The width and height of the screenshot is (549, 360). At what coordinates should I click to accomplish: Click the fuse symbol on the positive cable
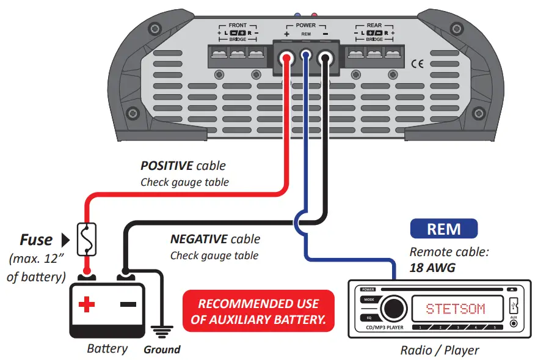[x=87, y=239]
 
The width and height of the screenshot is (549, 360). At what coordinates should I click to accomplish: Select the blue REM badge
[x=443, y=229]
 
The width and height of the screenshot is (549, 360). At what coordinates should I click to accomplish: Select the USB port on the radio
[x=514, y=303]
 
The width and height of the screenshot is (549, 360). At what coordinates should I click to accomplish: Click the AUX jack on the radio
[x=514, y=322]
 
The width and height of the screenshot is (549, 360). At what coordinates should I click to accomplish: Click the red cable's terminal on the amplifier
[x=286, y=59]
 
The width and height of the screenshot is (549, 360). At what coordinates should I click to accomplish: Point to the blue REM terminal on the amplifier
[x=306, y=59]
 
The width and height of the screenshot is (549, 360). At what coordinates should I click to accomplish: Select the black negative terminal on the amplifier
[x=325, y=59]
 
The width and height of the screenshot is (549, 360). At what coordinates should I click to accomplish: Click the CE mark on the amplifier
[x=418, y=63]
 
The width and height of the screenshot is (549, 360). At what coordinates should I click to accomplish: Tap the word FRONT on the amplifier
[x=238, y=26]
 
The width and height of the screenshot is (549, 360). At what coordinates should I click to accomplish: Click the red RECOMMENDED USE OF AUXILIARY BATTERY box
[x=258, y=310]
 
